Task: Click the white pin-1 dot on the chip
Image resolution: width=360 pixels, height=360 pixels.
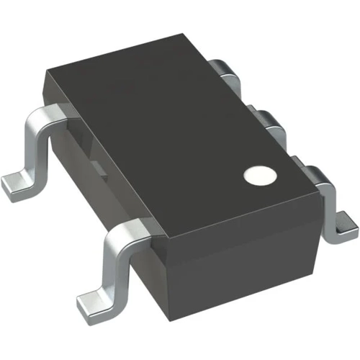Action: (x=260, y=175)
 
